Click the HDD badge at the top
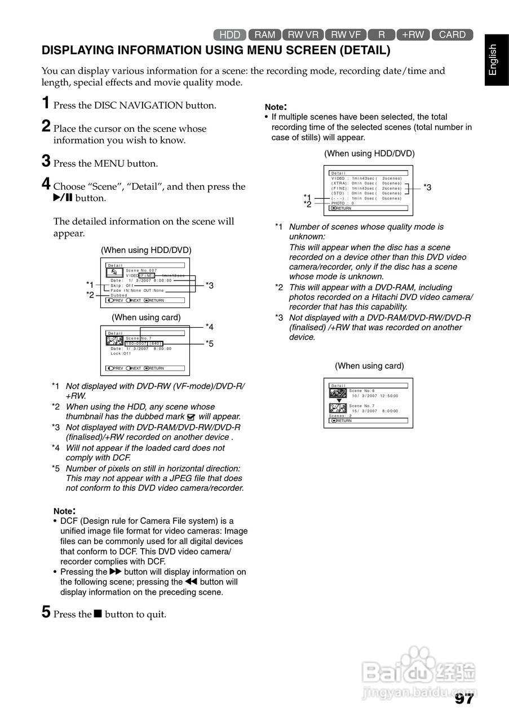click(229, 35)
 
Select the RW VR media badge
click(303, 35)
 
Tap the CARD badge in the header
click(452, 35)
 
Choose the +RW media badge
click(413, 35)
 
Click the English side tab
click(493, 59)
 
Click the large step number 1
click(47, 103)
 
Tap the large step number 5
click(47, 612)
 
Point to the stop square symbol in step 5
click(98, 613)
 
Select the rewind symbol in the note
click(191, 582)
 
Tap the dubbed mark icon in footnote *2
click(191, 417)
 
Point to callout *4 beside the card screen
click(209, 327)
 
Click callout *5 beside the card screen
click(209, 344)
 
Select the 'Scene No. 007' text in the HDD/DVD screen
click(141, 270)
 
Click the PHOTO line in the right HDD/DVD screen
click(342, 203)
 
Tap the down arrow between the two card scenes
click(339, 400)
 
